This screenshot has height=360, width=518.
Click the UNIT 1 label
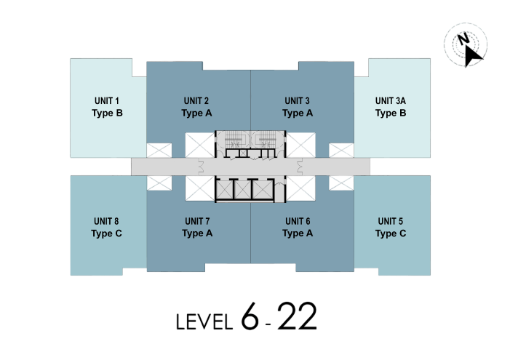click(107, 100)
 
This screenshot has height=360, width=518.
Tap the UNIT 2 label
click(196, 100)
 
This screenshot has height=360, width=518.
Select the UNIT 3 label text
click(298, 100)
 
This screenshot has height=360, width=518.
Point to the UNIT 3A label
click(391, 100)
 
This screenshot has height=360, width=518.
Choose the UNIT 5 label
click(391, 221)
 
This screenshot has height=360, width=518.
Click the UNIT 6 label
click(298, 221)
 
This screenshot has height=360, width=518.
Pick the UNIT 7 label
click(196, 221)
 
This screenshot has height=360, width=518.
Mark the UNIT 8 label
click(107, 221)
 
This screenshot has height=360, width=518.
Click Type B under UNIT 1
click(107, 113)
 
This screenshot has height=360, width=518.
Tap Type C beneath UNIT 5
click(391, 233)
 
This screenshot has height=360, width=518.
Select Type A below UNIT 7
click(196, 233)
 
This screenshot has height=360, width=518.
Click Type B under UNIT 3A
click(391, 113)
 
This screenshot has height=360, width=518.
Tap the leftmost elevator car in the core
click(226, 188)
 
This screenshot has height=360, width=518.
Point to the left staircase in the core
click(234, 141)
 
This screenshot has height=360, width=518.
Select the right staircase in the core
click(266, 141)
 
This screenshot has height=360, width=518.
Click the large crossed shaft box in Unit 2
click(199, 144)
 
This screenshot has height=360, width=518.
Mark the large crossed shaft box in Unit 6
click(300, 188)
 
